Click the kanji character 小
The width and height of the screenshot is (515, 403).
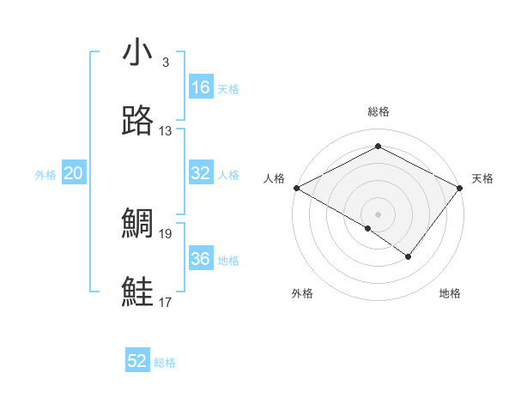pyautogui.click(x=137, y=53)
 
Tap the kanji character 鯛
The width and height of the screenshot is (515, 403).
pyautogui.click(x=137, y=224)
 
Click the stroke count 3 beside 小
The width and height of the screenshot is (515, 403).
pyautogui.click(x=165, y=63)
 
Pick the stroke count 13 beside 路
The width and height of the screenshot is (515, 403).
pyautogui.click(x=165, y=130)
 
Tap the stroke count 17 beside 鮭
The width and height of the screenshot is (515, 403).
pyautogui.click(x=165, y=302)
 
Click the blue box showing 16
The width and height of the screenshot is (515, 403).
pyautogui.click(x=201, y=87)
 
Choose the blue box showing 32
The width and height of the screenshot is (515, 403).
pyautogui.click(x=201, y=173)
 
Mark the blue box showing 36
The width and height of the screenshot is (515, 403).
pyautogui.click(x=201, y=259)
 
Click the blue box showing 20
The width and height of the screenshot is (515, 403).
pyautogui.click(x=74, y=173)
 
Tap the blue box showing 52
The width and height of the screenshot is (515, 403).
pyautogui.click(x=137, y=361)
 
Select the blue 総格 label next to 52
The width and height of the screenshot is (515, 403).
pyautogui.click(x=165, y=363)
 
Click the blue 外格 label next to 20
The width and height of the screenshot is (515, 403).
pyautogui.click(x=45, y=175)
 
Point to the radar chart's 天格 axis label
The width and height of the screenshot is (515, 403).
pyautogui.click(x=482, y=178)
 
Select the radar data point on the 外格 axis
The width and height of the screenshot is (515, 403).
pyautogui.click(x=368, y=228)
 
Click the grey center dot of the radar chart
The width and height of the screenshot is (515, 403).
pyautogui.click(x=378, y=214)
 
